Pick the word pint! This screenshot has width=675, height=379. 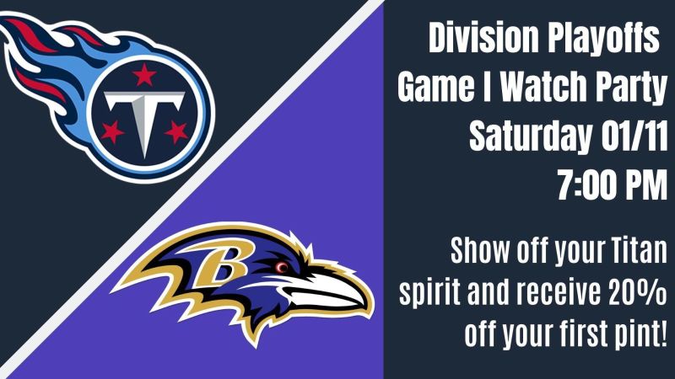(x=638, y=336)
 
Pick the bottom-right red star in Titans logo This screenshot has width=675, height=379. (x=176, y=131)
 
